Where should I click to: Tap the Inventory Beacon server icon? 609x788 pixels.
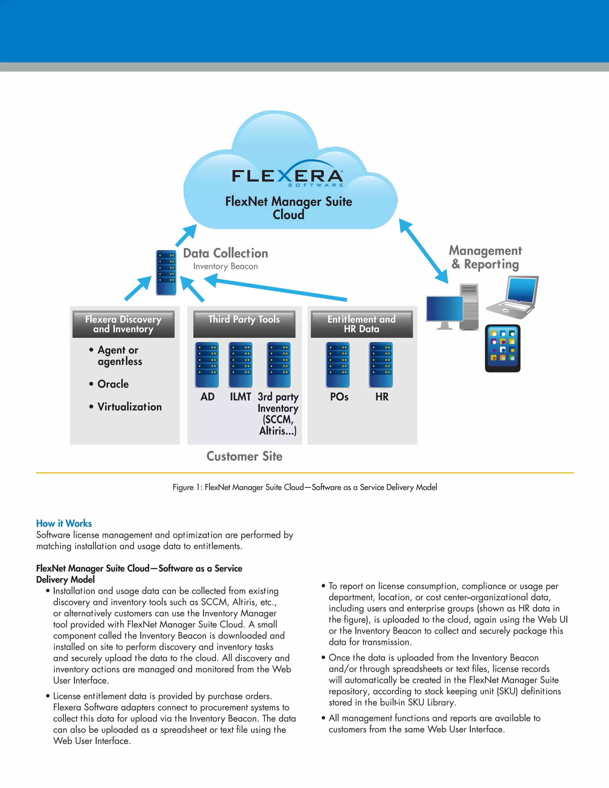166,272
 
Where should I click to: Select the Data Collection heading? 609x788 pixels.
225,253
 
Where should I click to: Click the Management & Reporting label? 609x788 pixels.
485,257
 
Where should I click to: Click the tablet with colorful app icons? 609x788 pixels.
503,348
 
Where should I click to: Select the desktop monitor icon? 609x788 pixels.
445,310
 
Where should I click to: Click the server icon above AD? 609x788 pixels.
207,365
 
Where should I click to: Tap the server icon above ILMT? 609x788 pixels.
241,365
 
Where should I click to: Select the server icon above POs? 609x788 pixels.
338,365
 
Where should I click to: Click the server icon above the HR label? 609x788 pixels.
381,365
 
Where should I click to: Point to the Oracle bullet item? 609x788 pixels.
113,384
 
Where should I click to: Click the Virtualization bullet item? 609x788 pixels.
129,406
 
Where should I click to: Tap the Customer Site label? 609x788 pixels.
244,456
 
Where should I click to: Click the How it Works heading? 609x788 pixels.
64,523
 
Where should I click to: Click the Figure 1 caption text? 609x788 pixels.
304,487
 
